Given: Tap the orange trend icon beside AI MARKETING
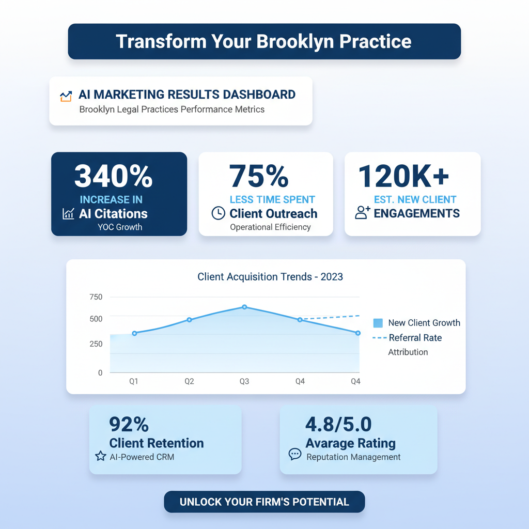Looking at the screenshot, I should pos(66,96).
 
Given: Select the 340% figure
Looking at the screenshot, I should pos(113,176).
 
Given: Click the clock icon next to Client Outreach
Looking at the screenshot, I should pos(219,213).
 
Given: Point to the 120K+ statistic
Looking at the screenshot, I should pos(403,176).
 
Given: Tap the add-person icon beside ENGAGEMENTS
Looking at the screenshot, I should pos(363,212).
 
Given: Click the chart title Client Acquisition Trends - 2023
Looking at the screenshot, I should pos(270,277).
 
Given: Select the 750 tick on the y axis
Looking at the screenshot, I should pos(96,297).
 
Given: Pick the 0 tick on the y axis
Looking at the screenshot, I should pos(100,372).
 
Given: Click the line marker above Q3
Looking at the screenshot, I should pos(244,307).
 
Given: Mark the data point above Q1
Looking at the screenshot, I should pos(135,333).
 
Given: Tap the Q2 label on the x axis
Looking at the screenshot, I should pos(189,382).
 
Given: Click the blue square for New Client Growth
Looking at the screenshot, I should pos(378,323).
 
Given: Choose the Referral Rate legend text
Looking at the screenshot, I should pos(415,338).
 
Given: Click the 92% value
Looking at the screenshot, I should pos(129,425).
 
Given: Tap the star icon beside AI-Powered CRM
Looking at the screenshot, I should pos(101,456).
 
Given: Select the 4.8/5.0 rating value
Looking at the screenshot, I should pos(338,425).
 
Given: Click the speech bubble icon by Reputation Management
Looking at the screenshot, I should pos(295,454).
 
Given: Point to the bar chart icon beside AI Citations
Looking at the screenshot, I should pos(68,213).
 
